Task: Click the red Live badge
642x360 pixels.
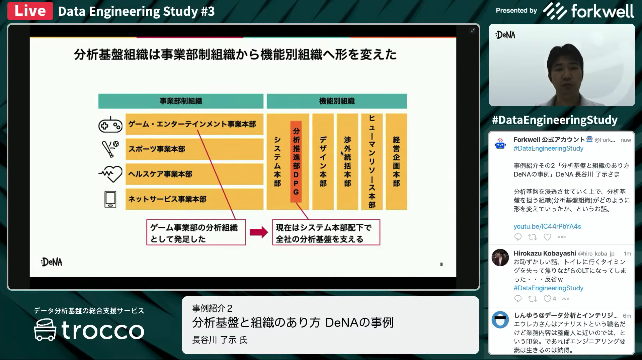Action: point(30,11)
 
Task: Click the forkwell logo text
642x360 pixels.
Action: point(602,11)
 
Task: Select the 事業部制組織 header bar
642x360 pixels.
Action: point(181,101)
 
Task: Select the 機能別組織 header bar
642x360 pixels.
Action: point(337,101)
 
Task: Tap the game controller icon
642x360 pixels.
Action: point(110,125)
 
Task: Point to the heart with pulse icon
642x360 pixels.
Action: point(110,174)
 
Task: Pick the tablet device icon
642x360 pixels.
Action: point(110,199)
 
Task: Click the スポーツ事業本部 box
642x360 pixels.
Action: point(194,149)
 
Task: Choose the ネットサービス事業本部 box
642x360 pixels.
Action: point(194,199)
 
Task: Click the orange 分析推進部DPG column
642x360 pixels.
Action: point(296,161)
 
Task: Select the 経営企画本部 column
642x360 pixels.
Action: point(396,162)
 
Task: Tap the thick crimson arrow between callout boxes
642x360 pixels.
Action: point(259,232)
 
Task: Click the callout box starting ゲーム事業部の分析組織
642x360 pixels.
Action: point(196,232)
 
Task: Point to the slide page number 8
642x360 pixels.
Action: point(442,264)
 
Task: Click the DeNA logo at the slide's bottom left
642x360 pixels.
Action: point(52,262)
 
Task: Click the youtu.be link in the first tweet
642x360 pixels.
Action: point(547,226)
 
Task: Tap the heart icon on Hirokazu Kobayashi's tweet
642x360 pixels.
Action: point(547,299)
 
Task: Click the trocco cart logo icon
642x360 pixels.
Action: point(45,330)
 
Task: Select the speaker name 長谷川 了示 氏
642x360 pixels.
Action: point(220,340)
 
